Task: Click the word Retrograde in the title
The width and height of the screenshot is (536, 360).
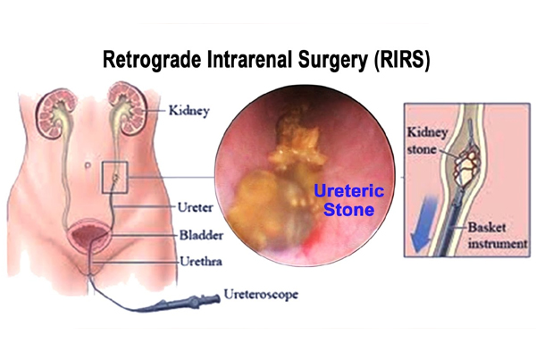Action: [x=152, y=60]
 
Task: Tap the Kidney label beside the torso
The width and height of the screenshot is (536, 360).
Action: [x=189, y=111]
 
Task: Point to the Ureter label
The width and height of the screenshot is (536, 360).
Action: [x=195, y=207]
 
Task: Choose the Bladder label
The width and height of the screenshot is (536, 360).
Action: [x=201, y=235]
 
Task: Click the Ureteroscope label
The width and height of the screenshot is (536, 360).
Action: [x=261, y=295]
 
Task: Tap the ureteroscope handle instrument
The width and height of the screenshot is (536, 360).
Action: [x=185, y=302]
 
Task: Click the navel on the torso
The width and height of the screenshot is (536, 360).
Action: [x=88, y=165]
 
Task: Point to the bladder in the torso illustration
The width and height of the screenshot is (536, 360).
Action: [x=89, y=236]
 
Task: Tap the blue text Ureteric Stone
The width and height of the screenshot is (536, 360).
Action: [x=348, y=200]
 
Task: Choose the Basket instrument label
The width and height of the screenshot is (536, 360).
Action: [x=498, y=236]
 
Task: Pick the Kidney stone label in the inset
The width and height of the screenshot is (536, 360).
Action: [x=427, y=141]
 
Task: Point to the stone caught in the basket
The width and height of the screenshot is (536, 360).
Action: [x=466, y=168]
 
